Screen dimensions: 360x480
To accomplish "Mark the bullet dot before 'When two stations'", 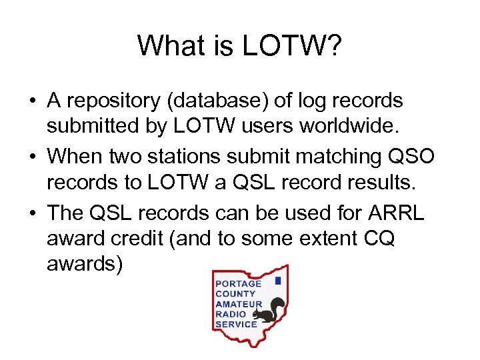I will (x=33, y=157).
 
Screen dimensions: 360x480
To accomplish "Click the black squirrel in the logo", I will (x=274, y=309).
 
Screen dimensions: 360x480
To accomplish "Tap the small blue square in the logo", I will (x=277, y=281).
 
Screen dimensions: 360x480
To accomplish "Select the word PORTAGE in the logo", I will (x=238, y=283).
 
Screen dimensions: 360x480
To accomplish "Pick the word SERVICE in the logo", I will (x=236, y=324).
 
